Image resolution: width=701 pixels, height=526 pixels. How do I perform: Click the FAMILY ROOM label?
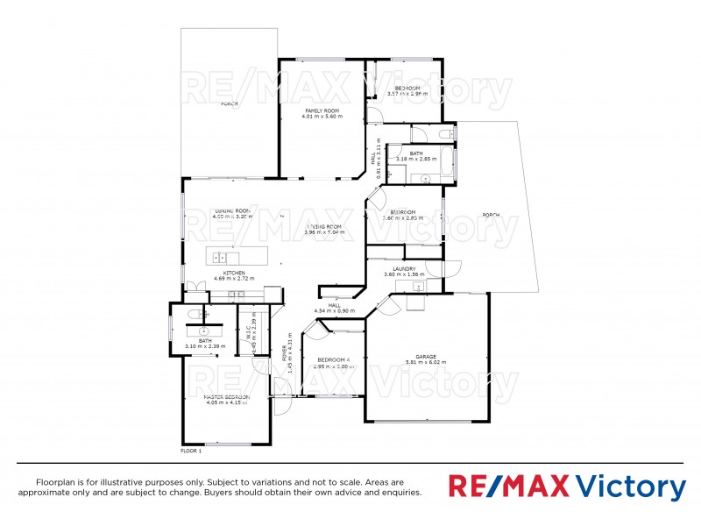pyautogui.click(x=322, y=110)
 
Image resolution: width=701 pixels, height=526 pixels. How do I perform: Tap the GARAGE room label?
pyautogui.click(x=426, y=356)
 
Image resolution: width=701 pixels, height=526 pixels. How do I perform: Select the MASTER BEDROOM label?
pyautogui.click(x=215, y=397)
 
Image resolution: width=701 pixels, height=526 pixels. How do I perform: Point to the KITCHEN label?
pyautogui.click(x=234, y=273)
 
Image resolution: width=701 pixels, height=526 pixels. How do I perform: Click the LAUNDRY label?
pyautogui.click(x=404, y=268)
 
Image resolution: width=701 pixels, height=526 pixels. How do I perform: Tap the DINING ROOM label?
pyautogui.click(x=233, y=211)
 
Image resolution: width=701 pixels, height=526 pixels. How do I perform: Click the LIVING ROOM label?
pyautogui.click(x=322, y=226)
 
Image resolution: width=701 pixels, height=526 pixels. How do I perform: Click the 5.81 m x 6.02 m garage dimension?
pyautogui.click(x=426, y=362)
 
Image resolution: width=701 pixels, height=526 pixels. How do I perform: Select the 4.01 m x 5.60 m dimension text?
pyautogui.click(x=322, y=117)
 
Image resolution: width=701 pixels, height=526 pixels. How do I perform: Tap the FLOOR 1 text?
pyautogui.click(x=191, y=451)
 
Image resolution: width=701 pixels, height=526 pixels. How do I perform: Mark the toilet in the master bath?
pyautogui.click(x=203, y=313)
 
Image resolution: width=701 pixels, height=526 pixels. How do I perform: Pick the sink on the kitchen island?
pyautogui.click(x=221, y=258)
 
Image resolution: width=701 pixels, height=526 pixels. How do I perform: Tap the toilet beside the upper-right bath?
pyautogui.click(x=447, y=133)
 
